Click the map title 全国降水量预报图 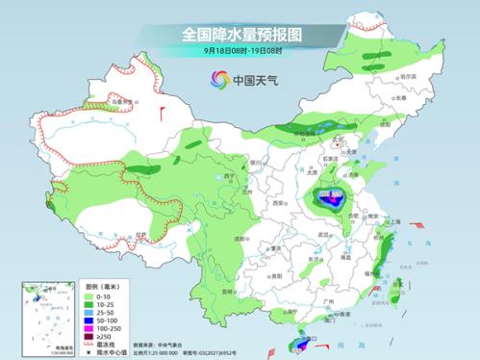pyautogui.click(x=240, y=35)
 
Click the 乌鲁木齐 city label pyautogui.click(x=121, y=100)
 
